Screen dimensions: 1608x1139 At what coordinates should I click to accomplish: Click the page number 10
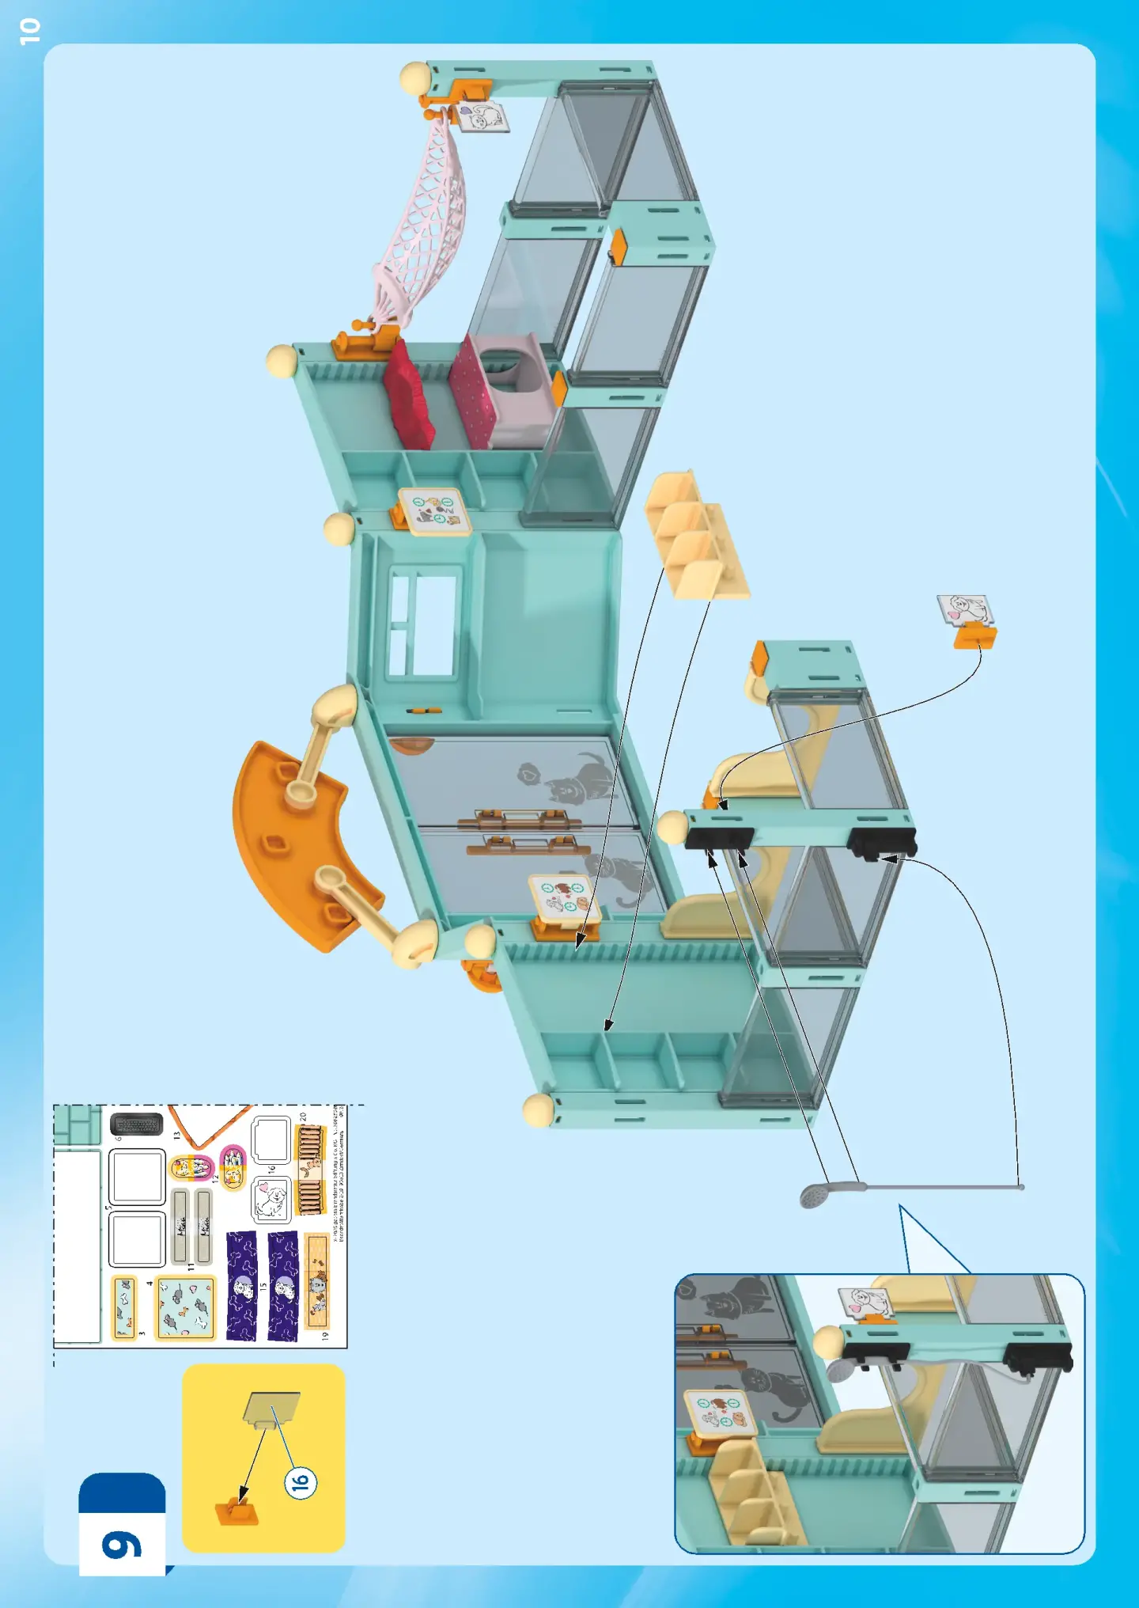click(29, 31)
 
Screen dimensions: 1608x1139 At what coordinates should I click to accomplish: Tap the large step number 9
click(122, 1544)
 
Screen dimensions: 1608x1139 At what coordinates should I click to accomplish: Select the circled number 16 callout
click(301, 1481)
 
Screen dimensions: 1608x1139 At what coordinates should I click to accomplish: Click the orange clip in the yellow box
click(237, 1512)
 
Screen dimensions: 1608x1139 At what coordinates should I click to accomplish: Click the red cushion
click(408, 396)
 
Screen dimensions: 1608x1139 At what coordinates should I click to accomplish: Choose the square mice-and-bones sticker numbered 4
click(185, 1307)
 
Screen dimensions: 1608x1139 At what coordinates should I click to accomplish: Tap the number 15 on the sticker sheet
click(263, 1287)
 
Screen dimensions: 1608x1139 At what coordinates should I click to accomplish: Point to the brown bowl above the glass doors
click(411, 745)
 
